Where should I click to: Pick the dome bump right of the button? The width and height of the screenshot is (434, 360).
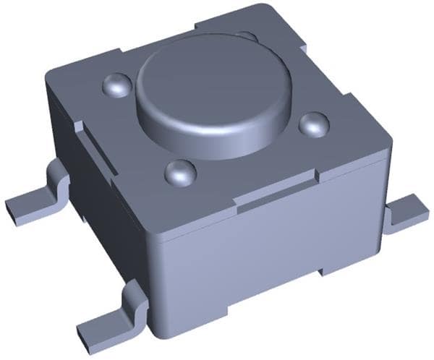pos(314,124)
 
